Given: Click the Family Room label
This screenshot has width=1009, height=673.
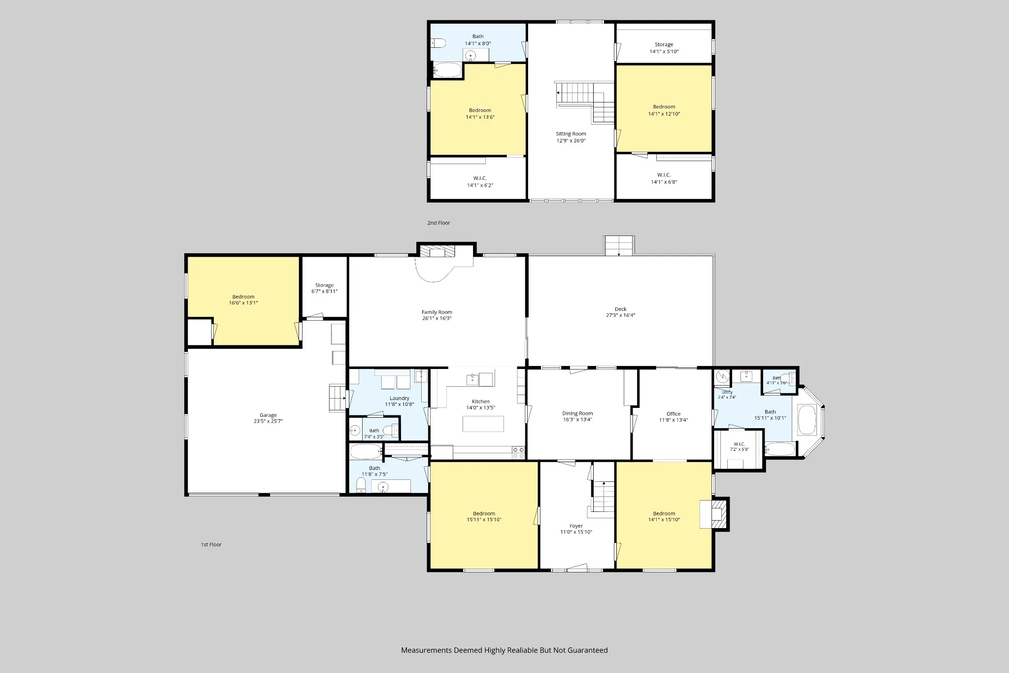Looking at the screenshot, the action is click(437, 312).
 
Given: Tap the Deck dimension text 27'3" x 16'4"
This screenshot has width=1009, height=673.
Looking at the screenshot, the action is click(621, 315).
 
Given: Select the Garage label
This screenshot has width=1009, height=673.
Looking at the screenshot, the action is click(268, 415).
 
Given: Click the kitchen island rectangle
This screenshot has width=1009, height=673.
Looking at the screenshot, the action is click(483, 424).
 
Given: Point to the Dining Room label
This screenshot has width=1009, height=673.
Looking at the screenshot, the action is click(577, 413).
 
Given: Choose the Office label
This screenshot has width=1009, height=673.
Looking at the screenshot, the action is click(673, 414).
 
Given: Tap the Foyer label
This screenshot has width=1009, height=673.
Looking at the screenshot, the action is click(576, 526).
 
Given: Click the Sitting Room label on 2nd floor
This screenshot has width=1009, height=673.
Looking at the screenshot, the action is click(571, 134).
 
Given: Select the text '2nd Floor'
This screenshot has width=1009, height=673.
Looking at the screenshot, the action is click(438, 223).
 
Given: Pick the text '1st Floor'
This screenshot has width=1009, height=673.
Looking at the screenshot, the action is click(211, 544).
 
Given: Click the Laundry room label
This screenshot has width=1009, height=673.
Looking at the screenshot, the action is click(400, 398).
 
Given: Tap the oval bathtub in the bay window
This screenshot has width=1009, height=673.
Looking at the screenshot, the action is click(807, 419).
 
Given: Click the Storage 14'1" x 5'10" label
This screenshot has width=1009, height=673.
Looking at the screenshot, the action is click(664, 48).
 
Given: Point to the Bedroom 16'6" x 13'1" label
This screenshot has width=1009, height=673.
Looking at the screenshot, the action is click(243, 300).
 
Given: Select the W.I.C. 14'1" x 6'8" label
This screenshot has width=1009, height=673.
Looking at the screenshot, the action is click(664, 178).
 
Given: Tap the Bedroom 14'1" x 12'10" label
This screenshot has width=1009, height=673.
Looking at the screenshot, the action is click(664, 110).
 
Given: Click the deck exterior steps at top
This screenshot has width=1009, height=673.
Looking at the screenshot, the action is click(619, 245).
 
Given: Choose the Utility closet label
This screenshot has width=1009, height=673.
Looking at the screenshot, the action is click(727, 392).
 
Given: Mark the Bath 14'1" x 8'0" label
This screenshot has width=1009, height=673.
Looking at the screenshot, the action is click(478, 39).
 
